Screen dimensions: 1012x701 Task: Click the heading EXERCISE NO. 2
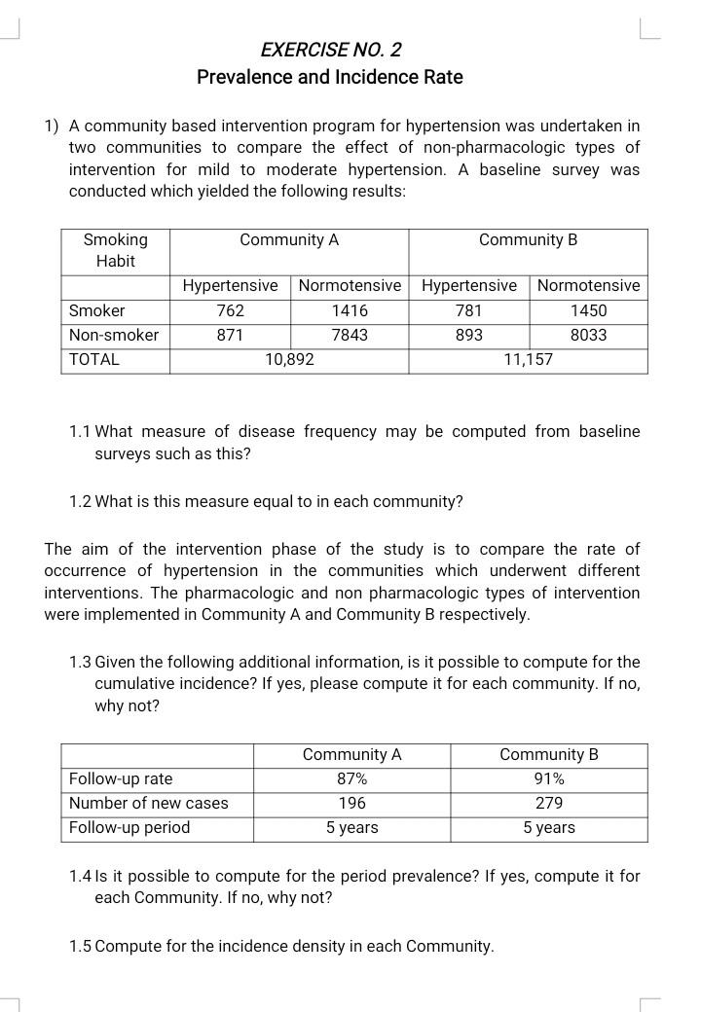pyautogui.click(x=331, y=50)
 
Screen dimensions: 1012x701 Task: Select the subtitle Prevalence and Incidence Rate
pyautogui.click(x=330, y=77)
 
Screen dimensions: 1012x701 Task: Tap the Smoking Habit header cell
pyautogui.click(x=116, y=250)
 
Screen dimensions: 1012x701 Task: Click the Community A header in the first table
pyautogui.click(x=289, y=239)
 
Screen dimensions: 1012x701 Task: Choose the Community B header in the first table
pyautogui.click(x=528, y=239)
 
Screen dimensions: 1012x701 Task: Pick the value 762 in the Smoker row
pyautogui.click(x=230, y=310)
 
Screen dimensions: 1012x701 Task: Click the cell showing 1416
pyautogui.click(x=350, y=310)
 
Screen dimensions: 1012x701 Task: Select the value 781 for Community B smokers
pyautogui.click(x=469, y=310)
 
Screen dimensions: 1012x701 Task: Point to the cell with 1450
pyautogui.click(x=588, y=310)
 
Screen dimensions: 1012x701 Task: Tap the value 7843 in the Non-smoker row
pyautogui.click(x=350, y=335)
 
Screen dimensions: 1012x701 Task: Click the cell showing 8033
pyautogui.click(x=588, y=335)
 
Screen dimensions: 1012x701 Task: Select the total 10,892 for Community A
pyautogui.click(x=289, y=359)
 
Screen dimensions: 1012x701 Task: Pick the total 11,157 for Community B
pyautogui.click(x=528, y=359)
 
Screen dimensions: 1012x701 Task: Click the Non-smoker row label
pyautogui.click(x=114, y=335)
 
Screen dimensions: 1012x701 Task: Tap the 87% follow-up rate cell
pyautogui.click(x=351, y=778)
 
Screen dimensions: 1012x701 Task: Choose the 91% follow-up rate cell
pyautogui.click(x=549, y=778)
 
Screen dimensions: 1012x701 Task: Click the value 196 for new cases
pyautogui.click(x=351, y=803)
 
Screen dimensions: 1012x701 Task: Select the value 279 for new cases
pyautogui.click(x=549, y=803)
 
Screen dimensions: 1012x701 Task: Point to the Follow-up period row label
pyautogui.click(x=129, y=827)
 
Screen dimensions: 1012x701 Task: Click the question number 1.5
pyautogui.click(x=81, y=946)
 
